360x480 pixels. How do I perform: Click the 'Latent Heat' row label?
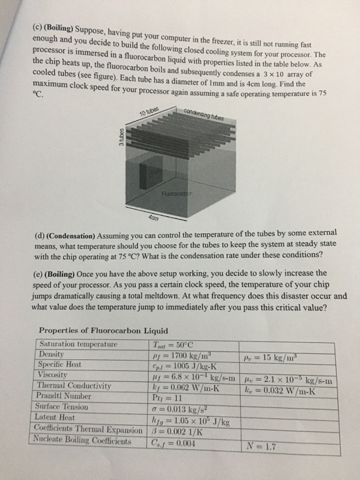[x=60, y=418]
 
